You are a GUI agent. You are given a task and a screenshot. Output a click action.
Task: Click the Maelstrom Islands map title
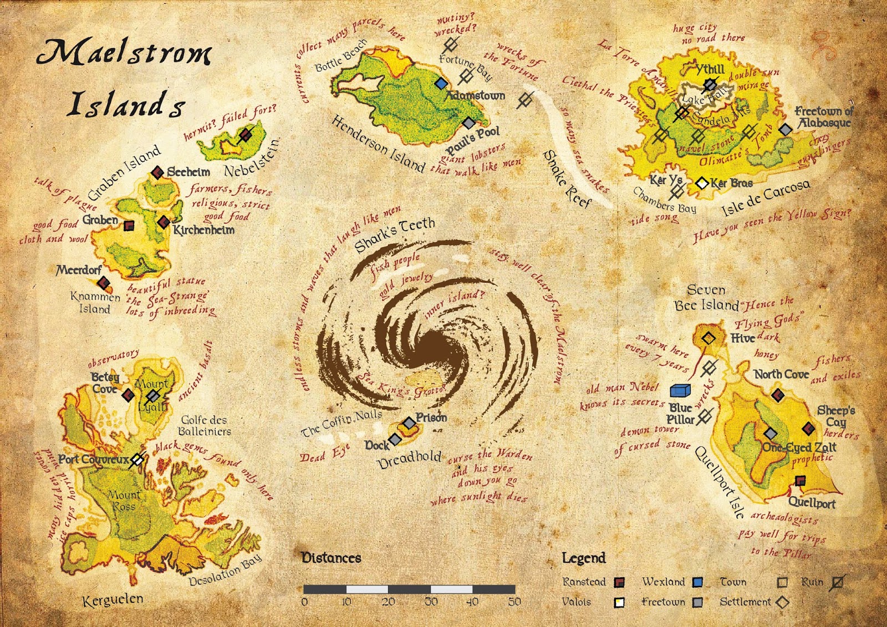pyautogui.click(x=125, y=78)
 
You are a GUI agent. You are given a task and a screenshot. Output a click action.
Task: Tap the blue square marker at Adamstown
pyautogui.click(x=441, y=83)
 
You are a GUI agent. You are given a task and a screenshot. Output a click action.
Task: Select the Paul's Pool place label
pyautogui.click(x=473, y=140)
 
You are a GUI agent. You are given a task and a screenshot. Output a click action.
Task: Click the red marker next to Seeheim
pyautogui.click(x=157, y=172)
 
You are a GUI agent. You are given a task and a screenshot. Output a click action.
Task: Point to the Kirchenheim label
pyautogui.click(x=204, y=230)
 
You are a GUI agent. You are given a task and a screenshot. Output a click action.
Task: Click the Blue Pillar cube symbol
pyautogui.click(x=680, y=390)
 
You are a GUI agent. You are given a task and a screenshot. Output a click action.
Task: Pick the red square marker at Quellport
pyautogui.click(x=799, y=480)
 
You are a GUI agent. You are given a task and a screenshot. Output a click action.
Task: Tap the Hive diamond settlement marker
pyautogui.click(x=708, y=338)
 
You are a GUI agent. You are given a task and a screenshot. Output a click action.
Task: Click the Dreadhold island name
pyautogui.click(x=410, y=459)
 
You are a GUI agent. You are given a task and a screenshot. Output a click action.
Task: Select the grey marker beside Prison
pyautogui.click(x=409, y=423)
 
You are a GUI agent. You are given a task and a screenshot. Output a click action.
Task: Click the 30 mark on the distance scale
pyautogui.click(x=431, y=601)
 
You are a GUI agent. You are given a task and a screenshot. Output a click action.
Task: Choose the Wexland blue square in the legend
pyautogui.click(x=698, y=582)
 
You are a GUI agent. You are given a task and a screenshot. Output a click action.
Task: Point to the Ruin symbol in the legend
pyautogui.click(x=838, y=582)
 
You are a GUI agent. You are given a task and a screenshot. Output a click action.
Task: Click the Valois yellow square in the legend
pyautogui.click(x=619, y=602)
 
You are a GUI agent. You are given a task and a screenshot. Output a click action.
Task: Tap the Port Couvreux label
pyautogui.click(x=93, y=460)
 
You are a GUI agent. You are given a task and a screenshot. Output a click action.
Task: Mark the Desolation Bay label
pyautogui.click(x=225, y=571)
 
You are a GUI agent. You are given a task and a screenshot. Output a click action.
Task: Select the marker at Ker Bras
pyautogui.click(x=702, y=182)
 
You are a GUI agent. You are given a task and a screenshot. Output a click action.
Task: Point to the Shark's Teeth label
pyautogui.click(x=395, y=233)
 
